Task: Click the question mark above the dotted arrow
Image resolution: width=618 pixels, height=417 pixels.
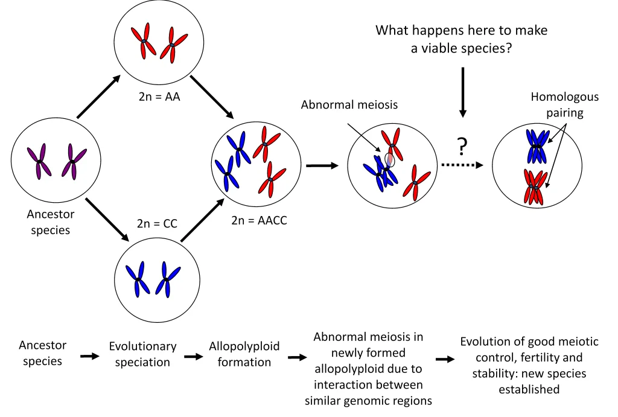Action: (x=462, y=146)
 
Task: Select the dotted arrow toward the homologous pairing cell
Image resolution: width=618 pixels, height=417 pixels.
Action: (x=463, y=165)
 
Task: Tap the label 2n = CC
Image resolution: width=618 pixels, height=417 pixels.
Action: (x=157, y=223)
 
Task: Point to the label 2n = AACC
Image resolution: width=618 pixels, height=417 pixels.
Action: (x=259, y=220)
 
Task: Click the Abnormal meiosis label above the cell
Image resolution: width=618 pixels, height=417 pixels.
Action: (x=349, y=104)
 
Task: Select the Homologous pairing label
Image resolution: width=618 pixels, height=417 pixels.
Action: (x=564, y=104)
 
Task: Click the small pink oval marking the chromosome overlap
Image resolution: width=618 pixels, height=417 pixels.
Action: (x=389, y=159)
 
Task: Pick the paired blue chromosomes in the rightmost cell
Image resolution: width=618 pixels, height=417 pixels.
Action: (x=537, y=145)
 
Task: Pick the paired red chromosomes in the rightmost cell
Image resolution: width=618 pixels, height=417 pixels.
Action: (x=535, y=186)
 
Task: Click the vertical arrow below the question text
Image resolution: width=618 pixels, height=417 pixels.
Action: (x=463, y=91)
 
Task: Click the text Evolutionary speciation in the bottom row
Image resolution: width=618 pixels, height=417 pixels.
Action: (x=142, y=354)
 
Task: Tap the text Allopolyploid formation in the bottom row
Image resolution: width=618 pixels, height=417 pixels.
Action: (x=244, y=354)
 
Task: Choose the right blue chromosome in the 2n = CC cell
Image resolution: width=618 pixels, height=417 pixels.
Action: (x=166, y=279)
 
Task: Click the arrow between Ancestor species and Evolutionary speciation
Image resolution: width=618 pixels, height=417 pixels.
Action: (x=89, y=356)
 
